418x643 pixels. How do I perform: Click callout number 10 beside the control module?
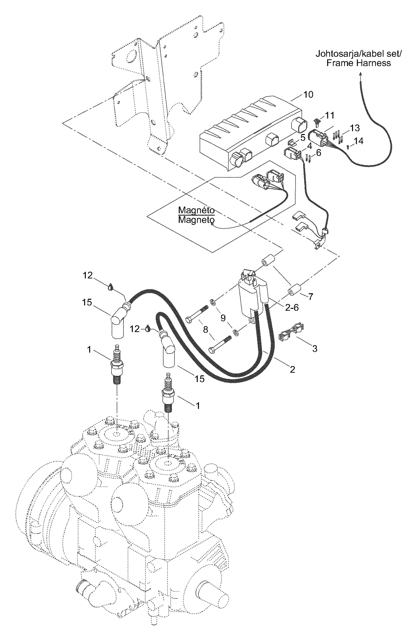pyautogui.click(x=308, y=95)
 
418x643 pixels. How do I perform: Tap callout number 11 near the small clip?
pyautogui.click(x=330, y=115)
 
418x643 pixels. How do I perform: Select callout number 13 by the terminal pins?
pyautogui.click(x=355, y=128)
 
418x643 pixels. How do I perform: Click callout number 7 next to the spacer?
pyautogui.click(x=311, y=297)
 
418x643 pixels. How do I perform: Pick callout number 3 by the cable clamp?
pyautogui.click(x=315, y=349)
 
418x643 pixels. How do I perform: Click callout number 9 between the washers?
pyautogui.click(x=223, y=318)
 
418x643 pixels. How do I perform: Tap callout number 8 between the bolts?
pyautogui.click(x=206, y=330)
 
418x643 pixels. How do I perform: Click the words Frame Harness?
pyautogui.click(x=358, y=63)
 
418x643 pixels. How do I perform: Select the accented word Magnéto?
pyautogui.click(x=196, y=210)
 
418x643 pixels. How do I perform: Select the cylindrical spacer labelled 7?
pyautogui.click(x=293, y=289)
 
